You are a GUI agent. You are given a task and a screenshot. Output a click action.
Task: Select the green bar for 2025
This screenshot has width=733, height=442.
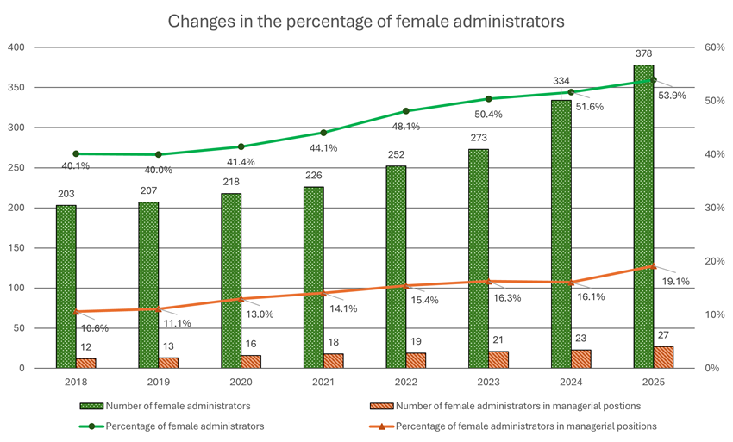click(x=643, y=215)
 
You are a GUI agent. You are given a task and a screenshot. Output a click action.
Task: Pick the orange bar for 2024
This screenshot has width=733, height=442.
click(x=580, y=358)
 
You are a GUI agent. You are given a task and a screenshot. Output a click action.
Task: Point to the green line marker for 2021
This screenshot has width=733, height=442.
click(x=323, y=133)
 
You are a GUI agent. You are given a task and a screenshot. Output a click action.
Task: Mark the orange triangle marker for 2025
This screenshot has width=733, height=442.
click(x=653, y=266)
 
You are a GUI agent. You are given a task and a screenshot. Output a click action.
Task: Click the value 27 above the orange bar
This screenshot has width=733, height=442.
click(x=663, y=335)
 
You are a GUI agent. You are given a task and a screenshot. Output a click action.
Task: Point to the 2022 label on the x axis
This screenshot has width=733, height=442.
click(x=405, y=380)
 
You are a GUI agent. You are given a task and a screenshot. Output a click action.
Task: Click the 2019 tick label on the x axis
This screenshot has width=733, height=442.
click(x=158, y=380)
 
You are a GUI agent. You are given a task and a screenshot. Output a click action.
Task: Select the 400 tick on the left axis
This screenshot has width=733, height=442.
click(x=16, y=47)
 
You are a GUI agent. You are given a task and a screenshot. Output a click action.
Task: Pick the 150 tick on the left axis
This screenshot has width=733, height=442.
click(x=16, y=248)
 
